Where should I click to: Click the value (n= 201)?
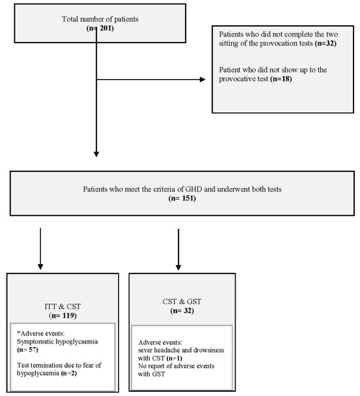pos(96,29)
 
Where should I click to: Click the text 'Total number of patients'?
pos(96,18)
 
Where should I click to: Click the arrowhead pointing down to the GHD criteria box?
pos(96,153)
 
